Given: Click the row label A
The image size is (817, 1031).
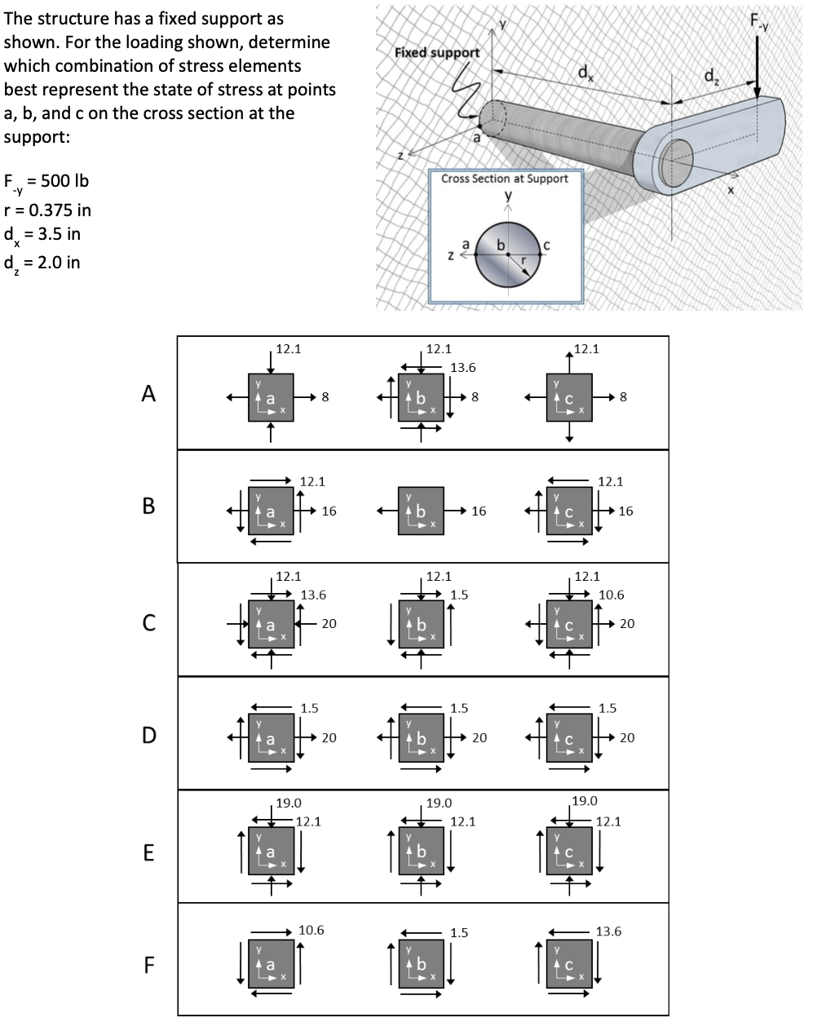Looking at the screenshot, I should pyautogui.click(x=148, y=393).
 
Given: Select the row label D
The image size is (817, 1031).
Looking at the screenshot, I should pyautogui.click(x=148, y=735).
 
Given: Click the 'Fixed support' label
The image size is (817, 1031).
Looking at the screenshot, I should pyautogui.click(x=436, y=52).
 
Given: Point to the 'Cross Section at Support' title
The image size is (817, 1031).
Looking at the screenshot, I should pyautogui.click(x=504, y=178).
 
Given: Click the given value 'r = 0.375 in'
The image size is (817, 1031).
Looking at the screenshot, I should pyautogui.click(x=48, y=210).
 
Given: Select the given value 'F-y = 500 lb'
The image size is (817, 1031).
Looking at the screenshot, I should pyautogui.click(x=46, y=181).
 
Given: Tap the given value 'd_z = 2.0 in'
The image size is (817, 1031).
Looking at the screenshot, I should pyautogui.click(x=42, y=263).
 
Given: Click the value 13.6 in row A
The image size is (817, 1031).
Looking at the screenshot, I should pyautogui.click(x=463, y=367).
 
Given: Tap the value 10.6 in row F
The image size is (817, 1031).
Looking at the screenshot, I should pyautogui.click(x=311, y=930).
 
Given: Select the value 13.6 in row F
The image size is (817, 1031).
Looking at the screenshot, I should pyautogui.click(x=608, y=931).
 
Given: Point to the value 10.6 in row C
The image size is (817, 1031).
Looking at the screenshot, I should pyautogui.click(x=612, y=595).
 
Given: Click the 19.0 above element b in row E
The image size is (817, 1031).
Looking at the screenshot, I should pyautogui.click(x=439, y=803).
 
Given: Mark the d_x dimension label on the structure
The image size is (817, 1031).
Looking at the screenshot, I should pyautogui.click(x=585, y=72).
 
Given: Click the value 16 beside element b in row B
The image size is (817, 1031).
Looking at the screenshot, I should pyautogui.click(x=479, y=511).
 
